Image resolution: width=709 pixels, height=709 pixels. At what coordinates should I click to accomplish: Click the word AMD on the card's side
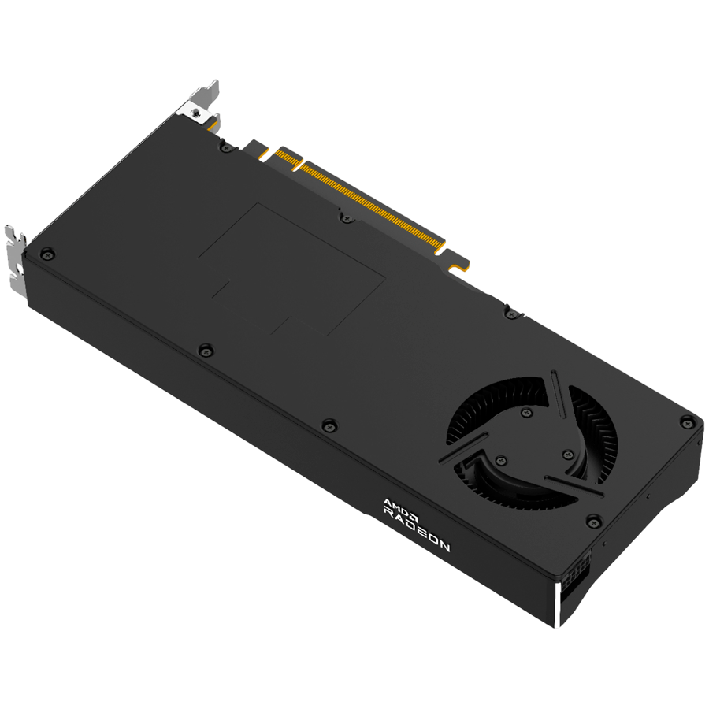(x=393, y=505)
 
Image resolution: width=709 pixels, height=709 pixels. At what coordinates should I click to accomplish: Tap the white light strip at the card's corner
(x=559, y=607)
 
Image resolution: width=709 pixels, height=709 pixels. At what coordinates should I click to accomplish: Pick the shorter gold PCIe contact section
(x=284, y=157)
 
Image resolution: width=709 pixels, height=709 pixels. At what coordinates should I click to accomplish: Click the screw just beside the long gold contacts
(x=344, y=215)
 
